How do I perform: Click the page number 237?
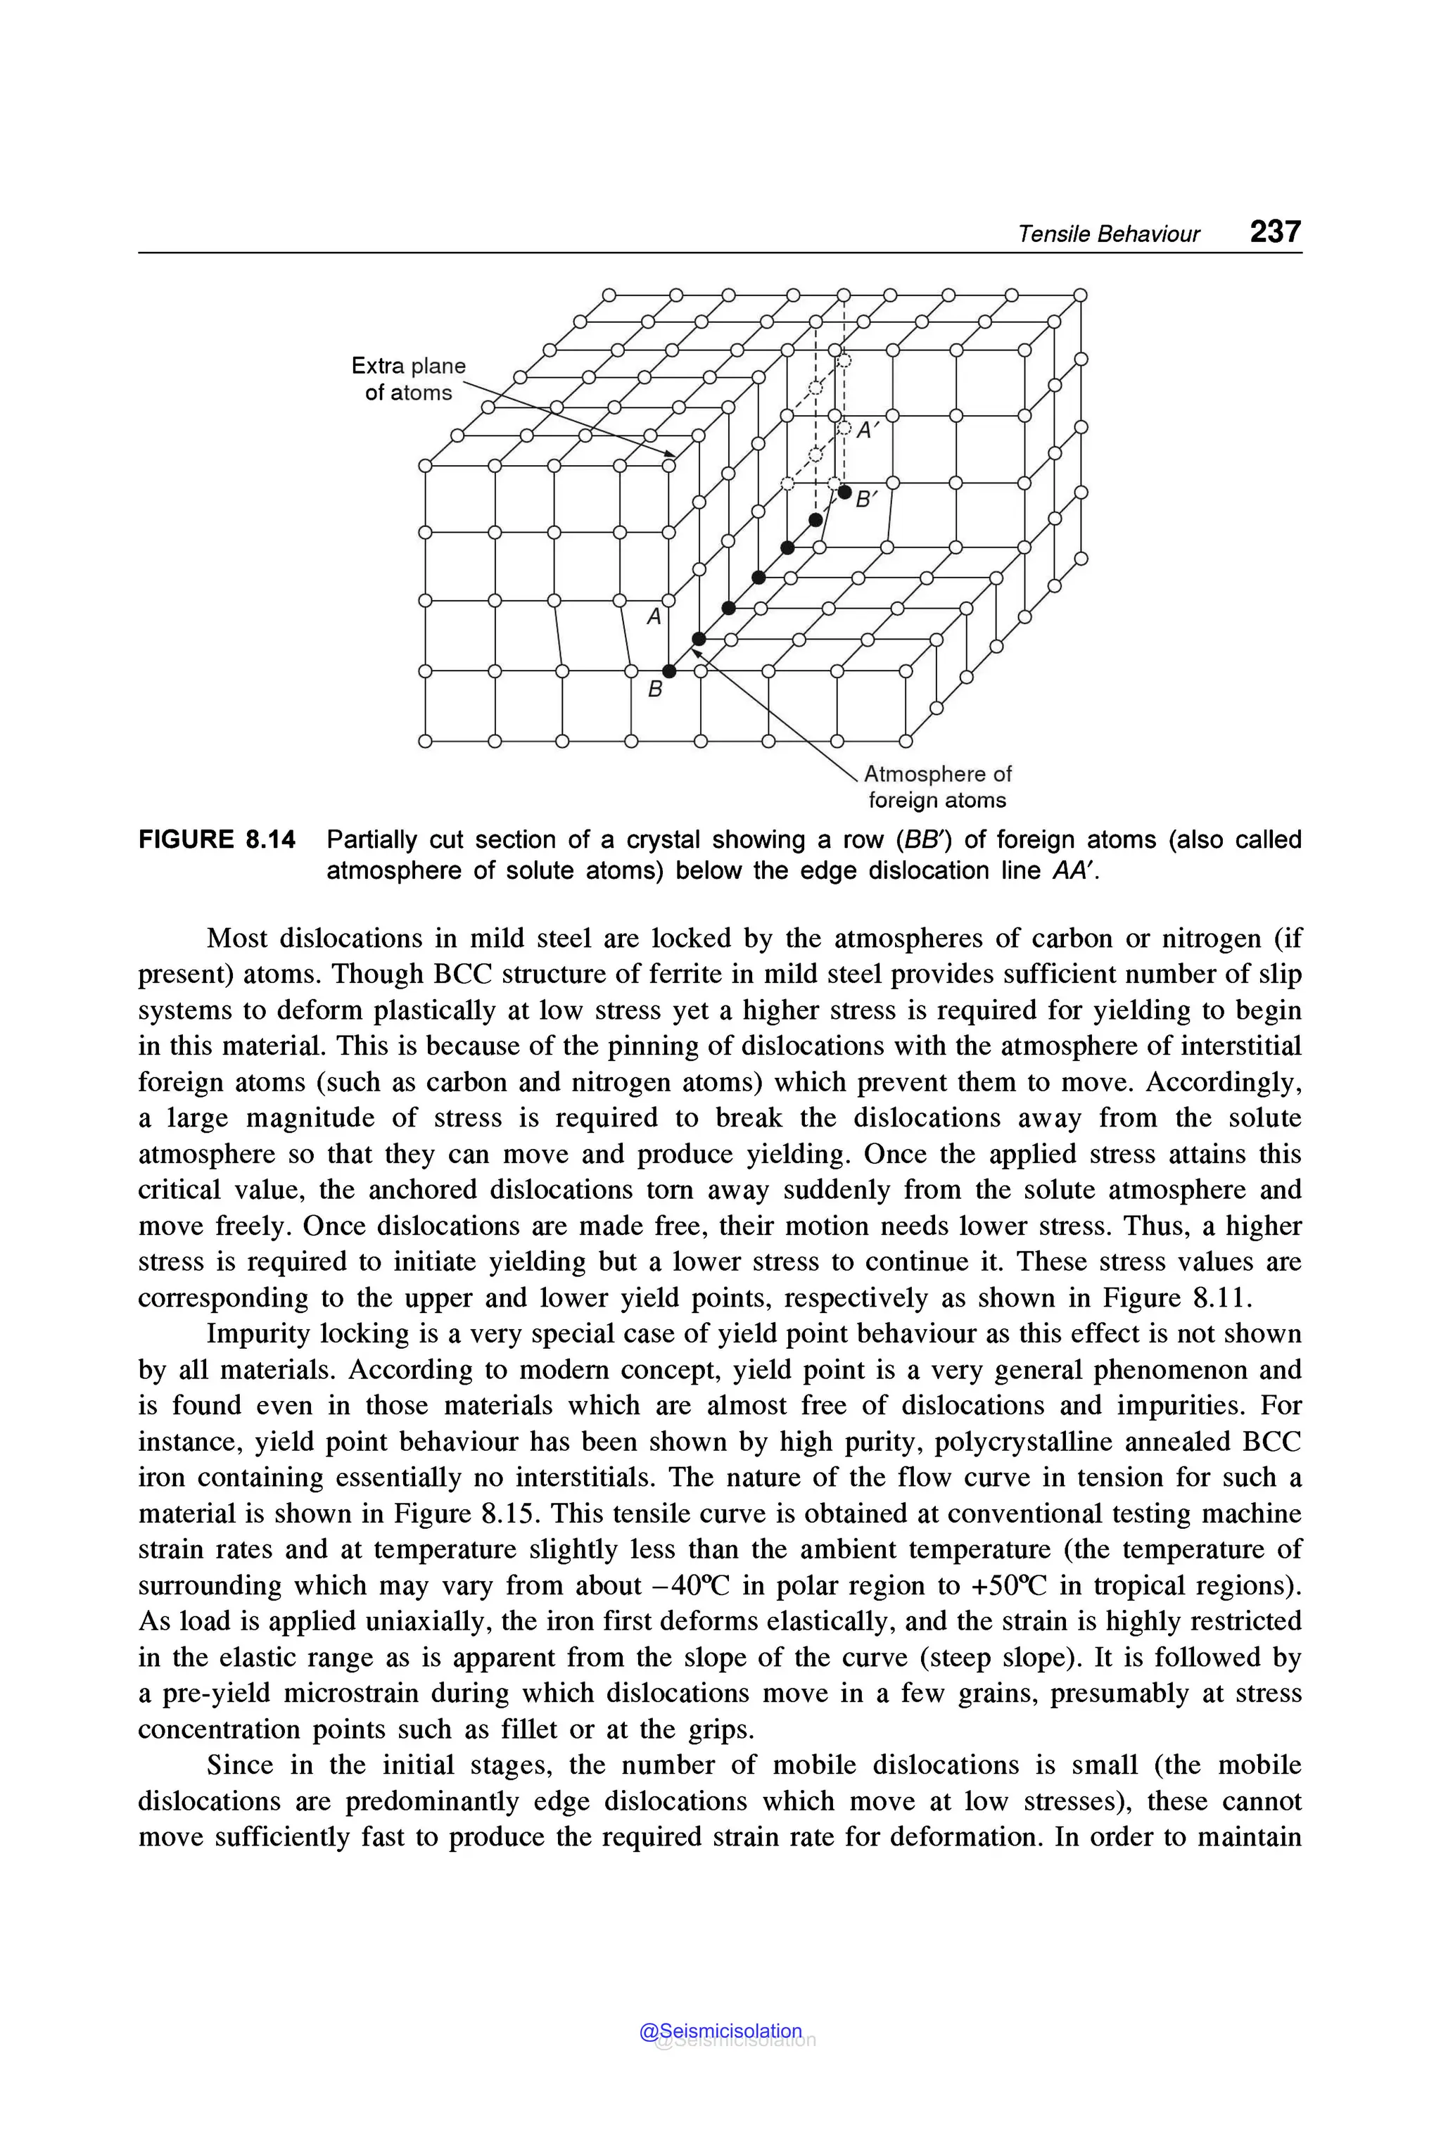[1275, 231]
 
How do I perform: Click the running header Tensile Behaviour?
[1107, 234]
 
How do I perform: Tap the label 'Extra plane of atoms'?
[408, 379]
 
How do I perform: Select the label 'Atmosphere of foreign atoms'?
[937, 787]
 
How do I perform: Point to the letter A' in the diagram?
[868, 430]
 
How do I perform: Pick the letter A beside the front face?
[654, 616]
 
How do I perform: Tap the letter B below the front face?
[654, 688]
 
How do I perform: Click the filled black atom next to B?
[669, 672]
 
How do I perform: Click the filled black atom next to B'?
[844, 492]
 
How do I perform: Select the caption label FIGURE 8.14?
[217, 839]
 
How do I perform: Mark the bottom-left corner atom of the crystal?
[424, 742]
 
